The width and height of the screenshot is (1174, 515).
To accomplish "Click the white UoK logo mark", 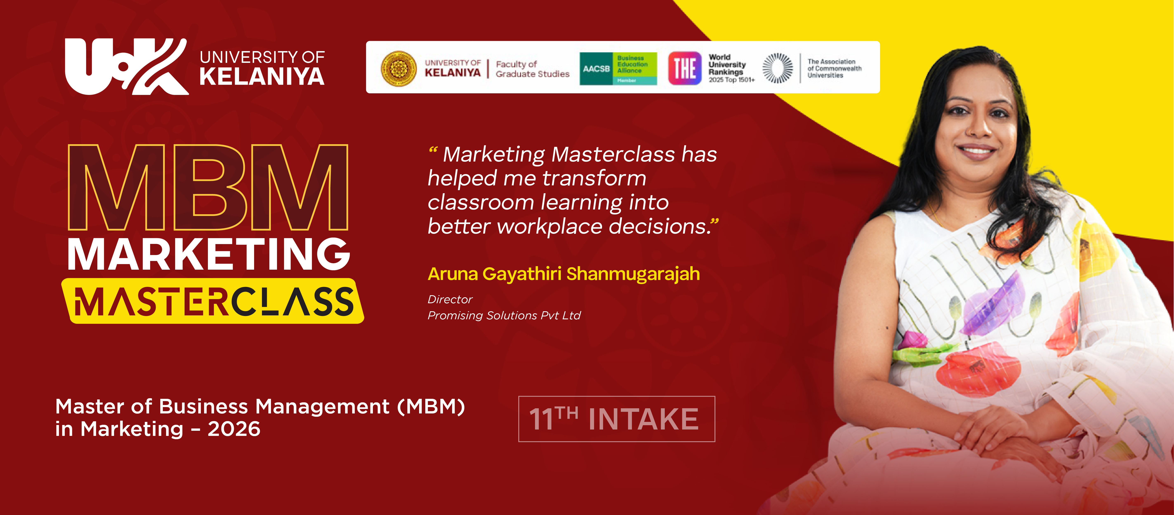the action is (x=127, y=67).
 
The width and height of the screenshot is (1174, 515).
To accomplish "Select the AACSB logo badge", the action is (x=618, y=68).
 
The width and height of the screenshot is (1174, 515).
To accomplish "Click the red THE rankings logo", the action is (x=685, y=68).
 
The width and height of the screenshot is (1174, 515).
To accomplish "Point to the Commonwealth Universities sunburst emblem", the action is (x=778, y=68).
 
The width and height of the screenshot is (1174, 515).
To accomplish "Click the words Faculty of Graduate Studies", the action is (x=532, y=69).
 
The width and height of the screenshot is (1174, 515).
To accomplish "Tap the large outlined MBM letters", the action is (x=208, y=188).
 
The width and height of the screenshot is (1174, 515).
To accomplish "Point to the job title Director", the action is (x=450, y=300).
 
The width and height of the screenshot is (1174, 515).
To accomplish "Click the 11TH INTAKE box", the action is (x=617, y=419).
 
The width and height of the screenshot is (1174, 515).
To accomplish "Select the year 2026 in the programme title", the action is (x=234, y=429).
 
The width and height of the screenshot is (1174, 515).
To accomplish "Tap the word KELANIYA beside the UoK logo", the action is (x=262, y=76).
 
